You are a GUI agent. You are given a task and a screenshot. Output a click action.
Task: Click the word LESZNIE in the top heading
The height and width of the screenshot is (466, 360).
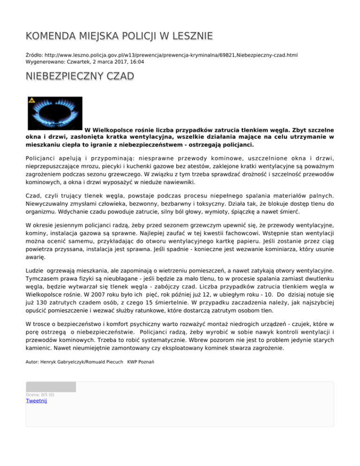point(187,36)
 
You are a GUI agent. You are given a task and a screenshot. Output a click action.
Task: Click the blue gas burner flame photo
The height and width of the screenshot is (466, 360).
point(55,113)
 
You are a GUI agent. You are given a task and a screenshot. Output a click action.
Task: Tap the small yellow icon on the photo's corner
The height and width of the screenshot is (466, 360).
point(32,100)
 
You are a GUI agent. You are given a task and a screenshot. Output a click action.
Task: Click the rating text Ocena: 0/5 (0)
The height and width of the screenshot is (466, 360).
point(40,395)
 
